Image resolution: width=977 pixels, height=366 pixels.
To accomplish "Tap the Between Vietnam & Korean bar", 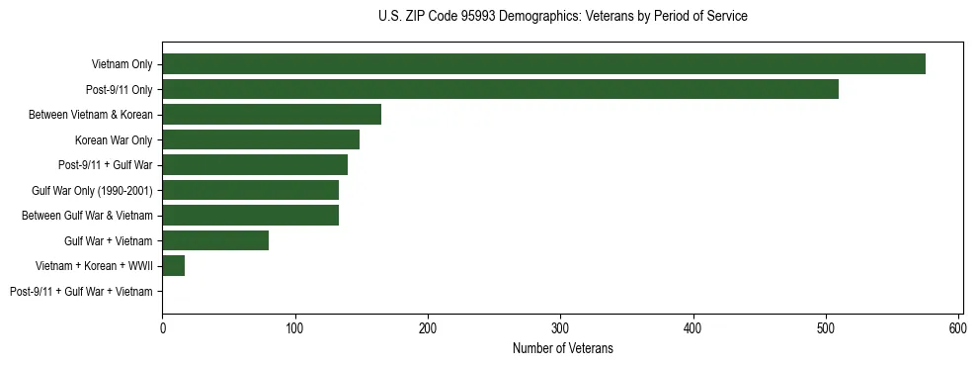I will click(272, 115).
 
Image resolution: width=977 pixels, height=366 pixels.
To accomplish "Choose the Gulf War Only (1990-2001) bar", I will click(250, 190).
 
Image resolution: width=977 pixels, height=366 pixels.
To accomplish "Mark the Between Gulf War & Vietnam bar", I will click(250, 216).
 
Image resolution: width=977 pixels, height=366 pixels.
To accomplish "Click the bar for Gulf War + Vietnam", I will click(215, 240).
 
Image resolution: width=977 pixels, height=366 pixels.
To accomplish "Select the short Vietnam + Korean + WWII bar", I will click(174, 266).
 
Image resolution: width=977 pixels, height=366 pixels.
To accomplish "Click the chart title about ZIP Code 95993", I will click(562, 17).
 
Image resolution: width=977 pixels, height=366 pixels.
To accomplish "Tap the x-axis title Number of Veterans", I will click(562, 348).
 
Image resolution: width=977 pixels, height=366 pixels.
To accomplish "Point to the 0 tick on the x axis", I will click(162, 328).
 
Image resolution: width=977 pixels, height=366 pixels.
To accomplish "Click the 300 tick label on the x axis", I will click(560, 328).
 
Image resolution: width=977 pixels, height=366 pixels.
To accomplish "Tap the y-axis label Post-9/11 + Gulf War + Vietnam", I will click(81, 292).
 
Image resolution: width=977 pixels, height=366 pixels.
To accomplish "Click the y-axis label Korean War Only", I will click(114, 140).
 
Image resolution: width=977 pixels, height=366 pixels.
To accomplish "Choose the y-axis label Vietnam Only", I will click(122, 64).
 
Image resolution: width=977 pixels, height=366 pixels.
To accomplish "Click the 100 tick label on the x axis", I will click(294, 328).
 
